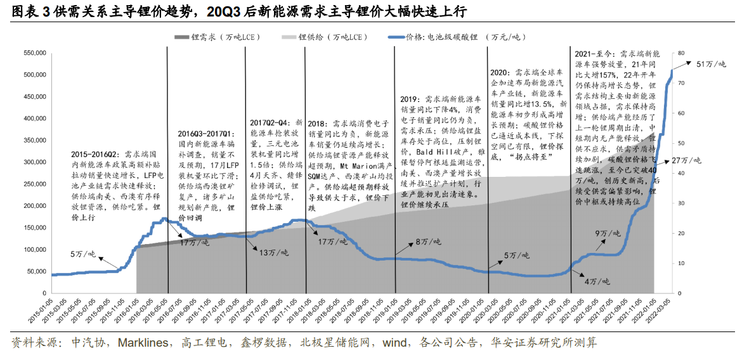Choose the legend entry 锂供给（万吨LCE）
[333, 37]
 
